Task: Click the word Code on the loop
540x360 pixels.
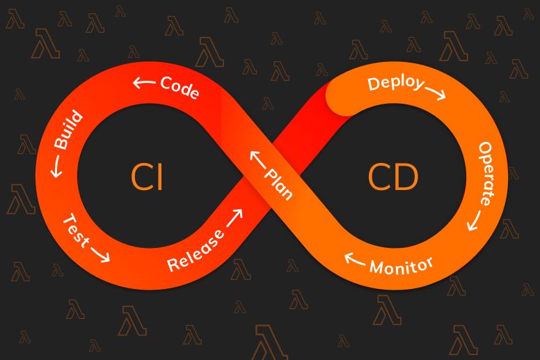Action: tap(180, 88)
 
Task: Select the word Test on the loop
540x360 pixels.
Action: tap(75, 230)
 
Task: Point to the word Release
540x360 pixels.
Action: tap(196, 251)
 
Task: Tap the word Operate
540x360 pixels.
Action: tap(486, 173)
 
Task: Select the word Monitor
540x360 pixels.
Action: tap(402, 265)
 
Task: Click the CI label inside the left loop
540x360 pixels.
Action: tap(147, 178)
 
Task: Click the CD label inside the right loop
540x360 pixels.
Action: tap(393, 178)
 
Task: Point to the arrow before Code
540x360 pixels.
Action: tap(144, 83)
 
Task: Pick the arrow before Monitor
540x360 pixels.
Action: tap(356, 260)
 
